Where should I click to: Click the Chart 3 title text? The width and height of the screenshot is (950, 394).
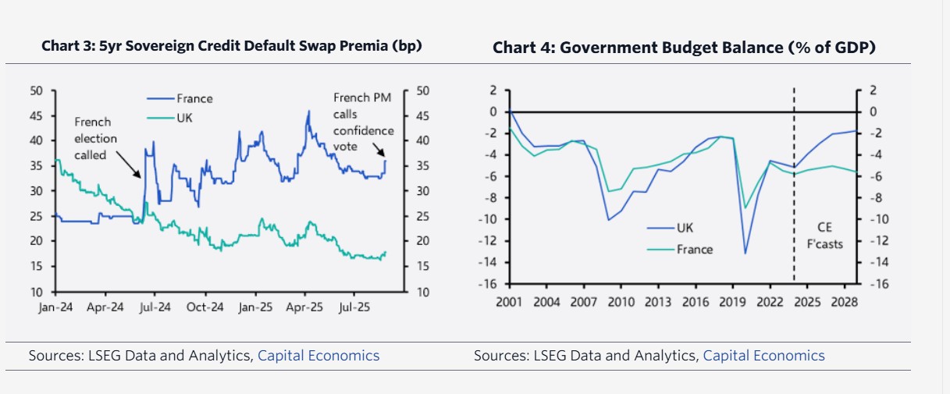pos(231,46)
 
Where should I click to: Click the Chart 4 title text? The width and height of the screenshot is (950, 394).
pos(684,48)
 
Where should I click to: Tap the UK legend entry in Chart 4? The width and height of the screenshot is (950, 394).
pos(683,228)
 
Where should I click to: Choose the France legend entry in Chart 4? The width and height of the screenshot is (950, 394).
pos(694,249)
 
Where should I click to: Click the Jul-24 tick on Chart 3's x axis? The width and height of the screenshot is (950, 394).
pos(155,307)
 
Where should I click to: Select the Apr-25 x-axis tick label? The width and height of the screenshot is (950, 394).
pos(306,307)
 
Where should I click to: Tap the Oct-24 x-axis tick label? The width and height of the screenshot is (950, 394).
pos(205,307)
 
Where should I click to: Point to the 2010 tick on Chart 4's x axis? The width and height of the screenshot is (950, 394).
pos(621,302)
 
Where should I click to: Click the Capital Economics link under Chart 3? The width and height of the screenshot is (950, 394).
pos(318,356)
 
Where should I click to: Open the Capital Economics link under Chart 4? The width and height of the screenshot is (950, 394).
pos(763,356)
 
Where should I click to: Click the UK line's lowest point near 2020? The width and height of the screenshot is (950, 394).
pos(745,254)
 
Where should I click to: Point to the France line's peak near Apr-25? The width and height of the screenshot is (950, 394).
pos(308,111)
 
